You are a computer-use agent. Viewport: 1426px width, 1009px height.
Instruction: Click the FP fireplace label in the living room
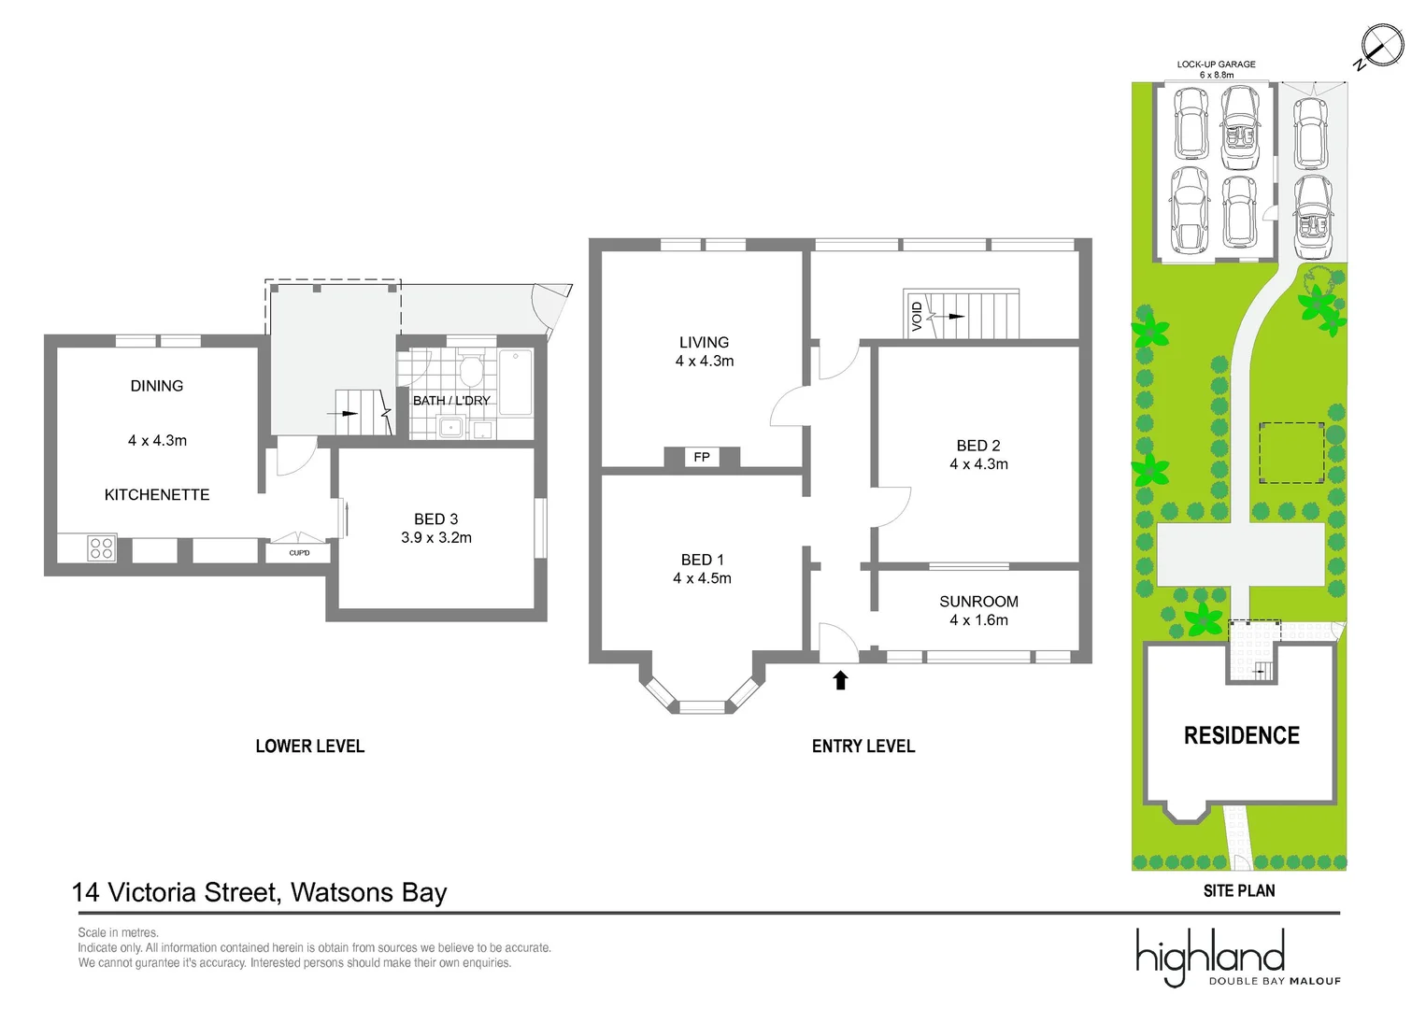click(702, 457)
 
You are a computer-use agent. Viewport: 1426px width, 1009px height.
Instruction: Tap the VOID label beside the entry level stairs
click(917, 316)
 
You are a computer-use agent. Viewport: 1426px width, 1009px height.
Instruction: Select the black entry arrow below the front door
click(840, 680)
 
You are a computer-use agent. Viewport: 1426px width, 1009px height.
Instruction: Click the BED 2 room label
click(978, 446)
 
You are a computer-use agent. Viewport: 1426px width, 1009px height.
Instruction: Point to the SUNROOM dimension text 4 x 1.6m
click(978, 620)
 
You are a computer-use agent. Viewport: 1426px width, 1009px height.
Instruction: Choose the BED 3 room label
click(435, 519)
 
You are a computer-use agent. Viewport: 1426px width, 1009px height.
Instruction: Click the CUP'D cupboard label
click(299, 553)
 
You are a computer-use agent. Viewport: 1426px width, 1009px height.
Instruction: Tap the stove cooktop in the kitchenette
click(101, 548)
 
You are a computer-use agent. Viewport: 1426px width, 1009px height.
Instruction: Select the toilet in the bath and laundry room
click(471, 370)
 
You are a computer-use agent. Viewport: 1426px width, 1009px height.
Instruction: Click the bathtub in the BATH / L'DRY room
click(515, 381)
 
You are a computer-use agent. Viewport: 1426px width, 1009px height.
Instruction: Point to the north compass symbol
click(1380, 46)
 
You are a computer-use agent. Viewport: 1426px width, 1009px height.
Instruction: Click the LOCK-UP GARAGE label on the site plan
click(1216, 64)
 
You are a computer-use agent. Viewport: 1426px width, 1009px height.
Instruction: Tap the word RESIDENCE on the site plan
click(1241, 736)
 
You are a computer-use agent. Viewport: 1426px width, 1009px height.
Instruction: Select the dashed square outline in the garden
click(1291, 453)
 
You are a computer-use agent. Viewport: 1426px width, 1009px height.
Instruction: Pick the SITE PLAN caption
click(1238, 891)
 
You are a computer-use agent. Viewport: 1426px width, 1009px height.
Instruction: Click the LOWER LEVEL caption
click(309, 746)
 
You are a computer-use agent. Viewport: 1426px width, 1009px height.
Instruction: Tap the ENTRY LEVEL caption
click(863, 746)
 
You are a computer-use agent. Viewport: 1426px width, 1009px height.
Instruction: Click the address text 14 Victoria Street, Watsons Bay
click(260, 892)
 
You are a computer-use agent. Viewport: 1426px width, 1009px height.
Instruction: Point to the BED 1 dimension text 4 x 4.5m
click(702, 578)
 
